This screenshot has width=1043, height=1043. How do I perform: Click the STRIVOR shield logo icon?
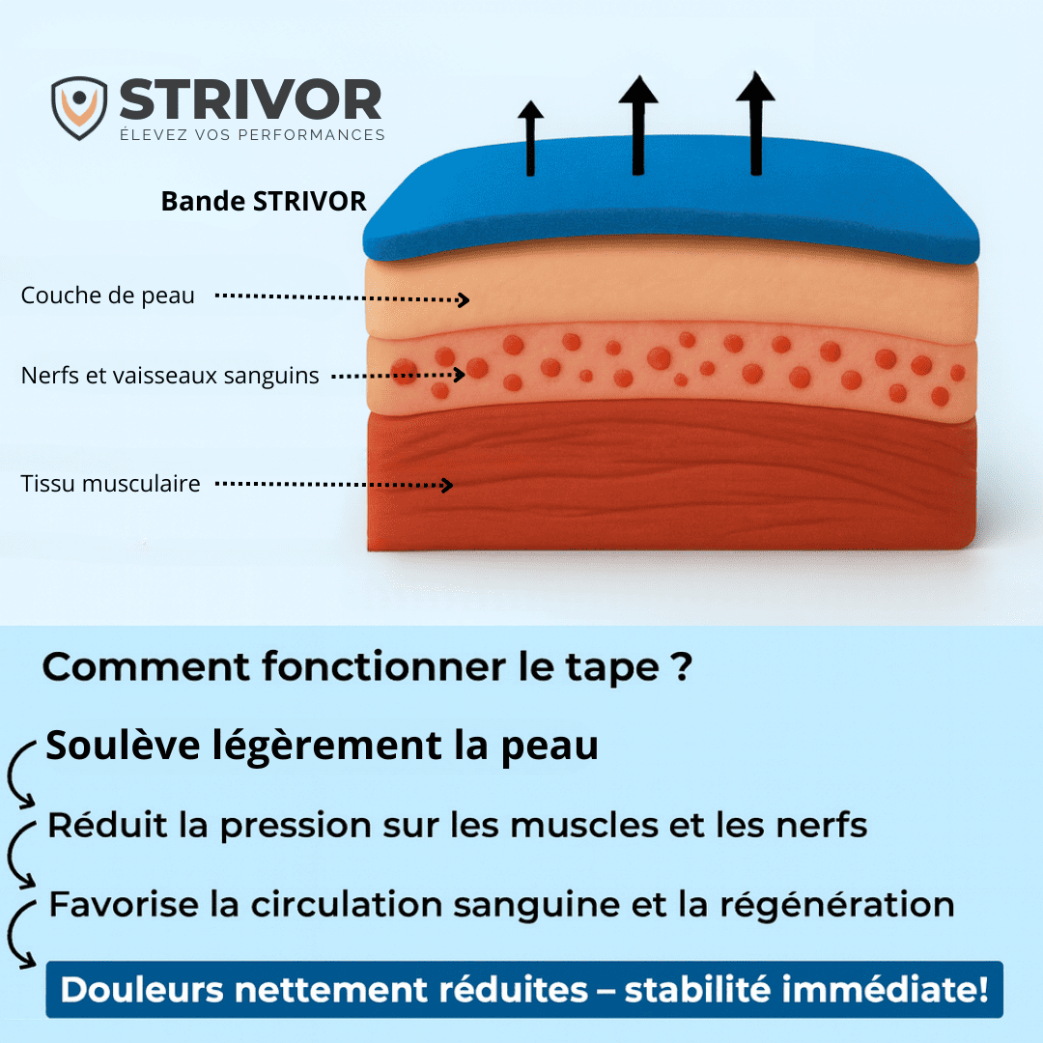click(x=79, y=108)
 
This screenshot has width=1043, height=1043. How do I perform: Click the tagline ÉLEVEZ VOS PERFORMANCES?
click(x=253, y=134)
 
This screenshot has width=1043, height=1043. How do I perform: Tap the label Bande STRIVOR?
click(x=264, y=201)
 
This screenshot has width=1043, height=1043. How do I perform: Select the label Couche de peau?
click(x=108, y=296)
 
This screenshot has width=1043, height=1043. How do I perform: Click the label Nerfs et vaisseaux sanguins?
click(x=170, y=376)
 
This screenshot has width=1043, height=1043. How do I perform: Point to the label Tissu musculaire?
click(x=110, y=484)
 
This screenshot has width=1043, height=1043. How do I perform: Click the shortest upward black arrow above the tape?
click(x=530, y=138)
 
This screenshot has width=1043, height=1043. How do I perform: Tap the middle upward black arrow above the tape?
click(x=638, y=125)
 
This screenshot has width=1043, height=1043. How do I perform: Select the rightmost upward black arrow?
click(x=755, y=123)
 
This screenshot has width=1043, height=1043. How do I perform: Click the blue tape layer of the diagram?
click(x=672, y=200)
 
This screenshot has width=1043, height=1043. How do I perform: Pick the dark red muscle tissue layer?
click(x=672, y=479)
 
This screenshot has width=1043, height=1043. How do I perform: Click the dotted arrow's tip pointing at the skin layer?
click(x=468, y=300)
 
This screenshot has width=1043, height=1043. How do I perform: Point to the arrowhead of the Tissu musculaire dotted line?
click(x=452, y=485)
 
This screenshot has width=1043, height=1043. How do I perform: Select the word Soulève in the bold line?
click(x=123, y=745)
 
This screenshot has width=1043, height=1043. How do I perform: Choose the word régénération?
click(x=837, y=905)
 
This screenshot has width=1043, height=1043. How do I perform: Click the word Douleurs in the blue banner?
click(x=142, y=989)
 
